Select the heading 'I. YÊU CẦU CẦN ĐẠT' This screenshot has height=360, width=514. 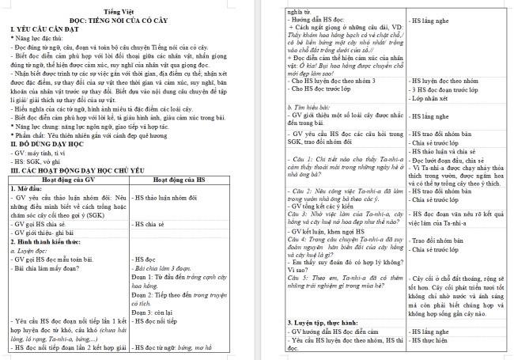pos(45,30)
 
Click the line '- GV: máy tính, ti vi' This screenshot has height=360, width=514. pos(42,153)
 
